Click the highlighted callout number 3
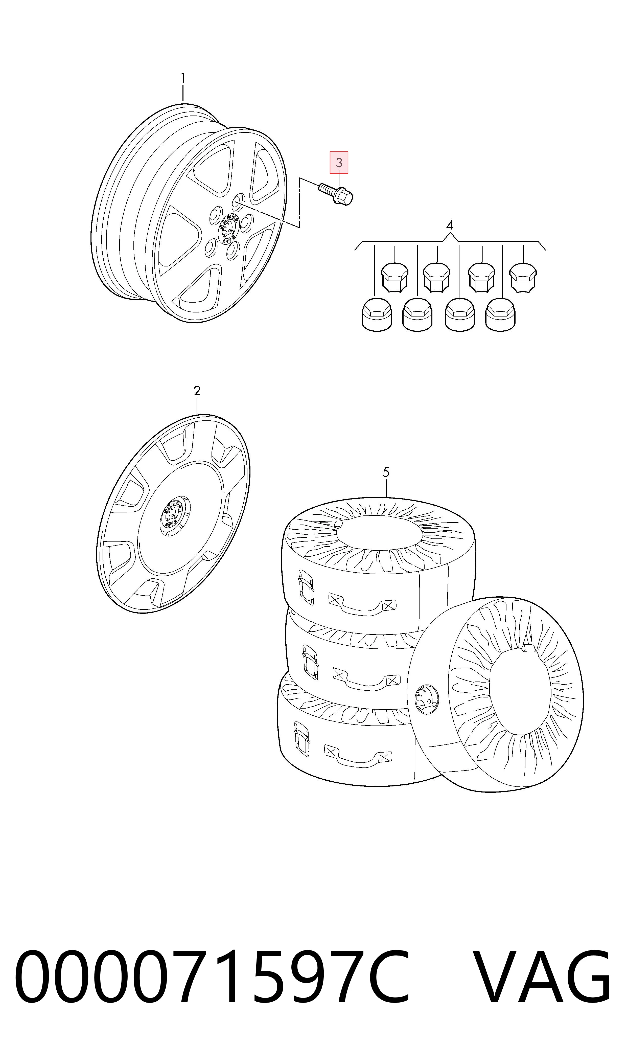pos(339,163)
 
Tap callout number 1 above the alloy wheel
pos(183,79)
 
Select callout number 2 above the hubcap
pos(197,391)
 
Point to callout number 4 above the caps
pos(450,225)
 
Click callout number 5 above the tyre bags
pos(386,472)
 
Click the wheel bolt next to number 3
pos(336,194)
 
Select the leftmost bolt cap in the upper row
pos(395,277)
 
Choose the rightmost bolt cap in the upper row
pos(523,277)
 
